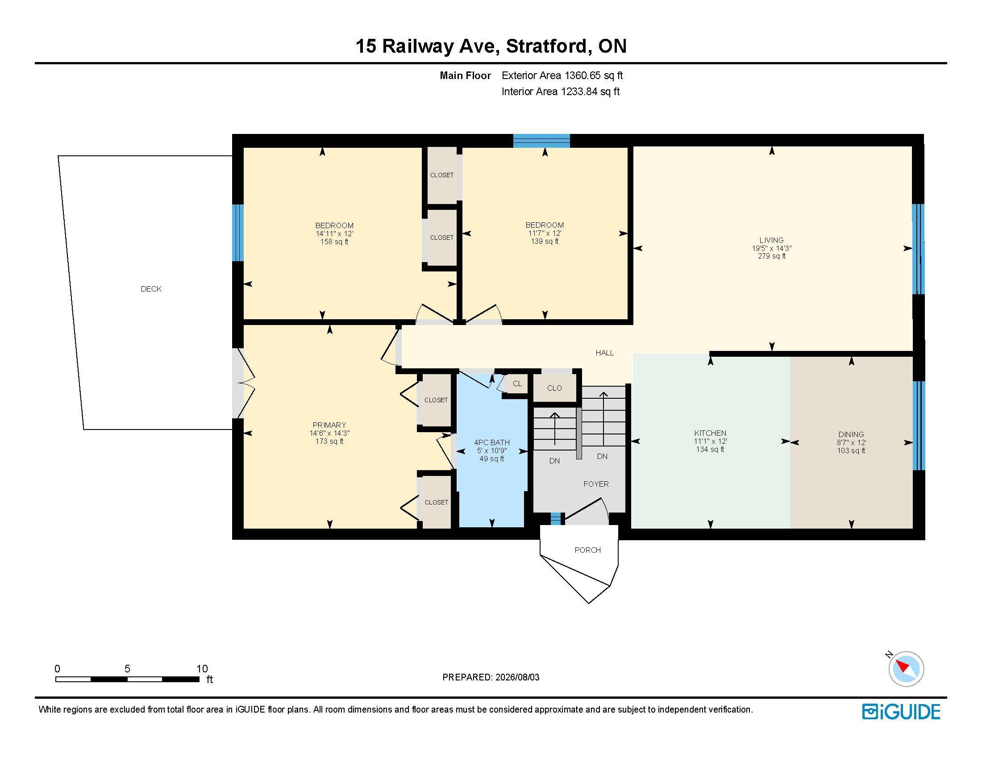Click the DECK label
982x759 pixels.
tap(151, 289)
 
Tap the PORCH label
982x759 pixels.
tap(588, 550)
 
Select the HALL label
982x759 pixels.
tap(605, 353)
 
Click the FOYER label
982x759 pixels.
tap(596, 484)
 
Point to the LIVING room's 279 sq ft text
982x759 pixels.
tap(772, 256)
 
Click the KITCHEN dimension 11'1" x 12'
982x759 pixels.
tap(711, 442)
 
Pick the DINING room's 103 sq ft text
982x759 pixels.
tap(851, 450)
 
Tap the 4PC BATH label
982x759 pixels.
tap(492, 442)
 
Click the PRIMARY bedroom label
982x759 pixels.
tap(329, 425)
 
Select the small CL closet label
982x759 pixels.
tap(517, 384)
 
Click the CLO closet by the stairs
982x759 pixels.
tap(554, 388)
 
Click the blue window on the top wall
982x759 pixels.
tap(542, 141)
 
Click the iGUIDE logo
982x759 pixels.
tap(901, 712)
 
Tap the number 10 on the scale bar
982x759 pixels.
tap(202, 669)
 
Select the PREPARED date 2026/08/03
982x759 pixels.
tap(517, 677)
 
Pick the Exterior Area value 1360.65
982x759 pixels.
tap(583, 75)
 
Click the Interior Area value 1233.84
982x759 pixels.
tap(579, 92)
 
